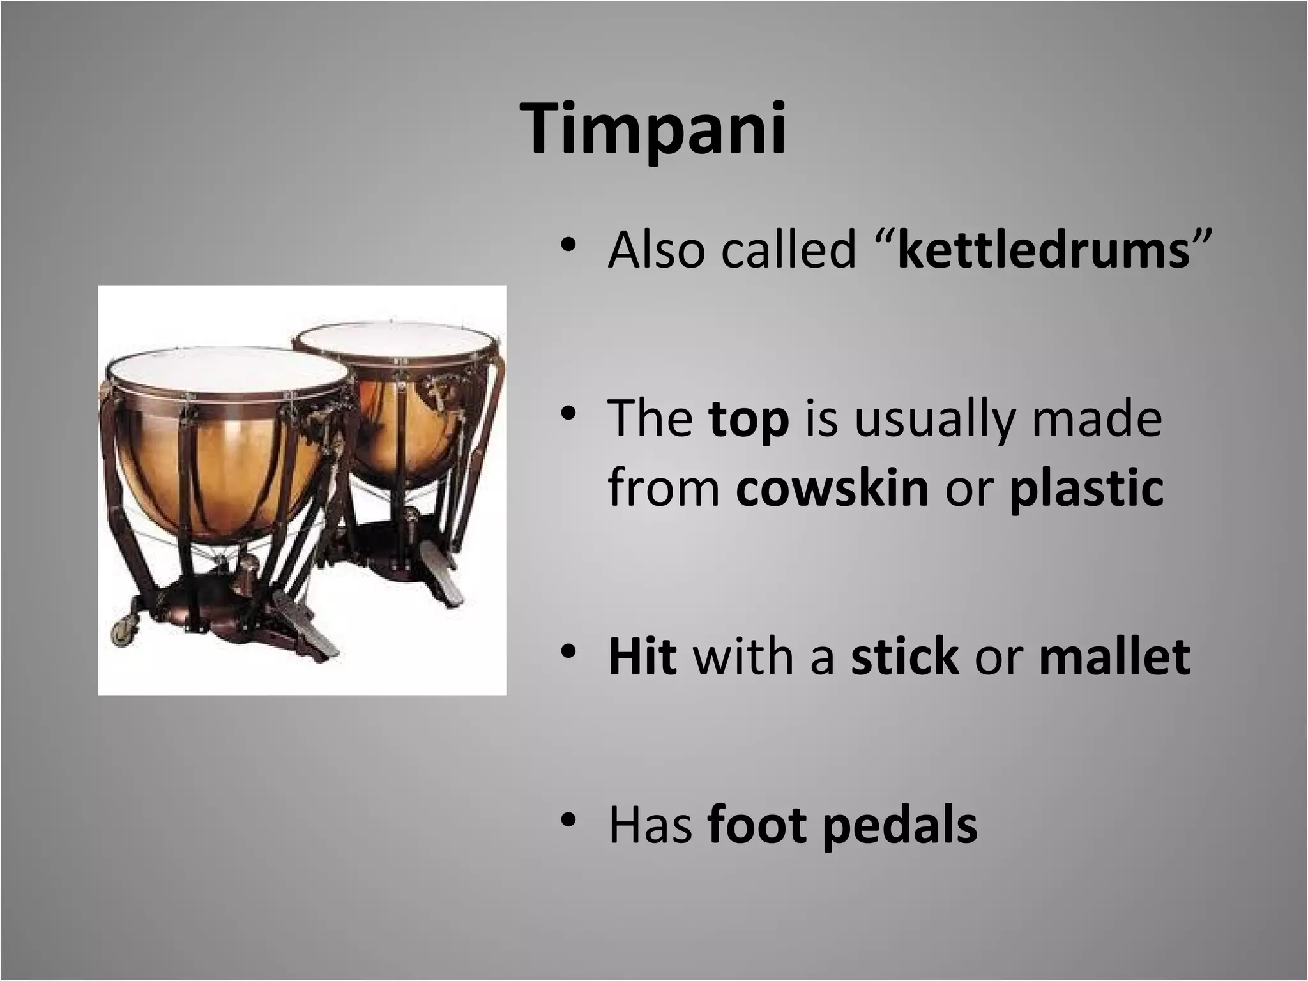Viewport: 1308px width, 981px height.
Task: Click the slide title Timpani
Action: coord(654,130)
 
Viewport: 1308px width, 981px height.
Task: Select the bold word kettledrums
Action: coord(1043,250)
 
